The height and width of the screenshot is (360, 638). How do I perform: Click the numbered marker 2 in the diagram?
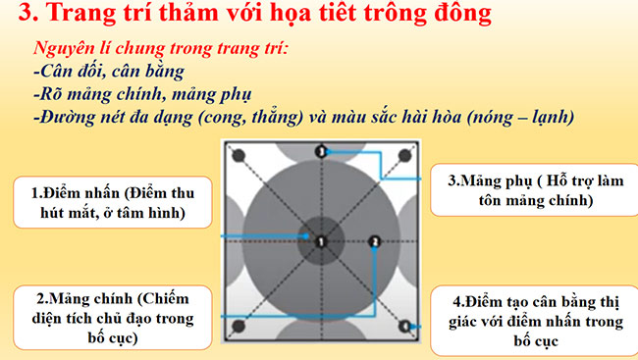pos(373,241)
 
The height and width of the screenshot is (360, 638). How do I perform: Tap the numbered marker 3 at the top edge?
pos(320,151)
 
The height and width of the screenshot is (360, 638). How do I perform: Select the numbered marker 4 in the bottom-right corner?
pos(405,324)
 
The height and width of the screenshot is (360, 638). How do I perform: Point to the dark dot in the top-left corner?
pos(236,153)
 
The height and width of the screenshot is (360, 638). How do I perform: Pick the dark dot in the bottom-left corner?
pos(236,325)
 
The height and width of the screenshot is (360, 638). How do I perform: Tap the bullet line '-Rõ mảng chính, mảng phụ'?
pos(128,94)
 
